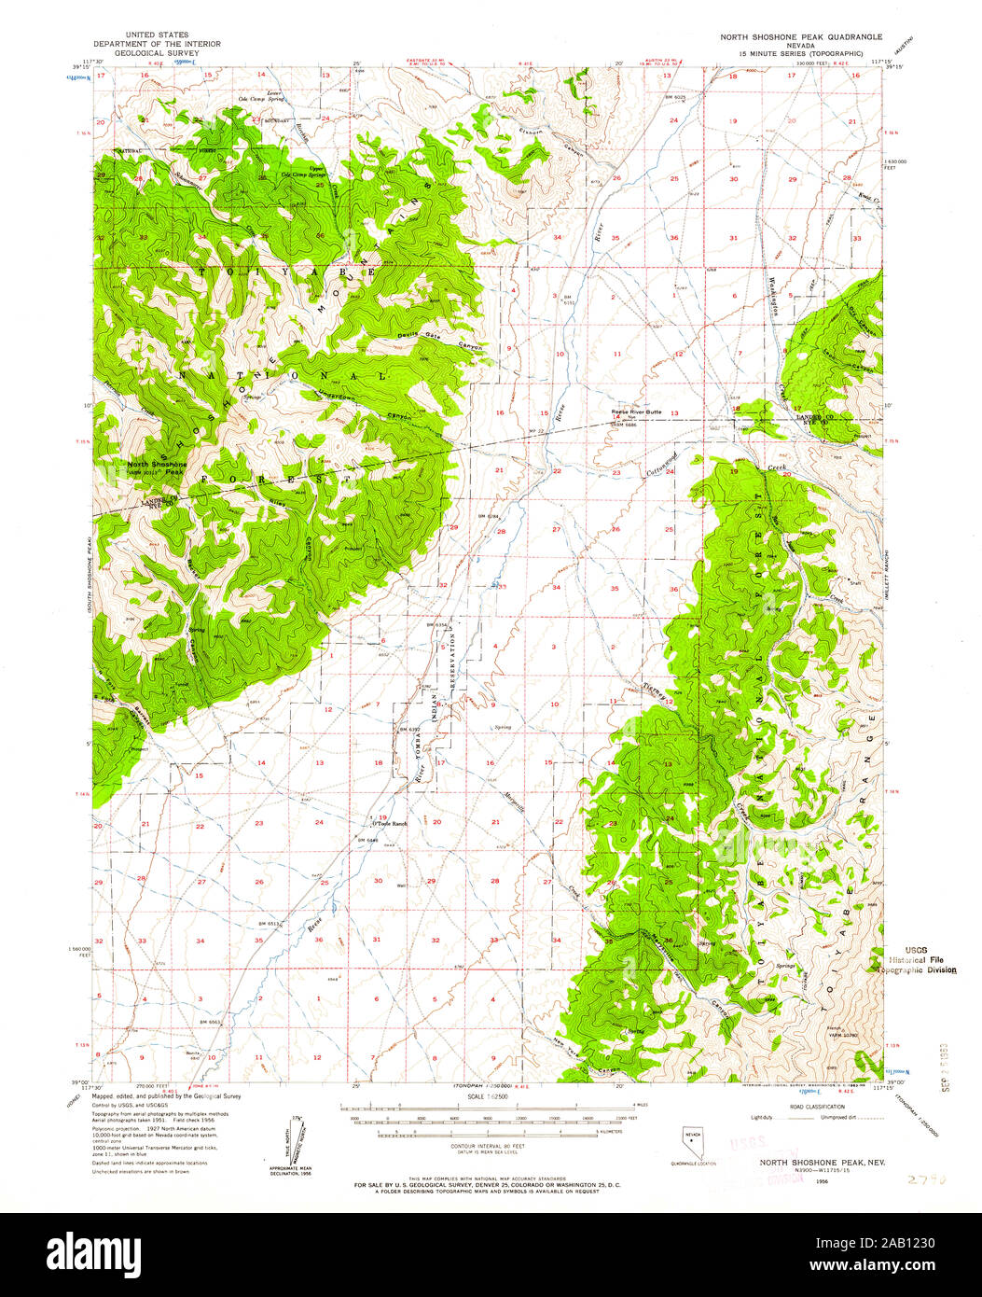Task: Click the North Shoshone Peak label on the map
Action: pyautogui.click(x=158, y=467)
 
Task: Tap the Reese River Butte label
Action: pyautogui.click(x=636, y=411)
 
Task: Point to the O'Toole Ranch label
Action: pyautogui.click(x=390, y=823)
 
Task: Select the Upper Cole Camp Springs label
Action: pyautogui.click(x=297, y=173)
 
